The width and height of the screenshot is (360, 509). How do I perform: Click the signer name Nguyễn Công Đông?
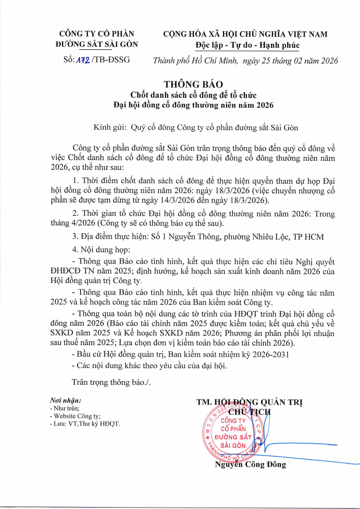[250, 464]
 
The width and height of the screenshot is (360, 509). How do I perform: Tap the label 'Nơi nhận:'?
[66, 401]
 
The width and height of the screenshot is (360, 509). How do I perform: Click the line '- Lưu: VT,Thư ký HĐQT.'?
[85, 423]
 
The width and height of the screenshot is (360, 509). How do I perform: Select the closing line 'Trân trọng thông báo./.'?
[112, 381]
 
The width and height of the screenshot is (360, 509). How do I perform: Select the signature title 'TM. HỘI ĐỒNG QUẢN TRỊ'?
[249, 402]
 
